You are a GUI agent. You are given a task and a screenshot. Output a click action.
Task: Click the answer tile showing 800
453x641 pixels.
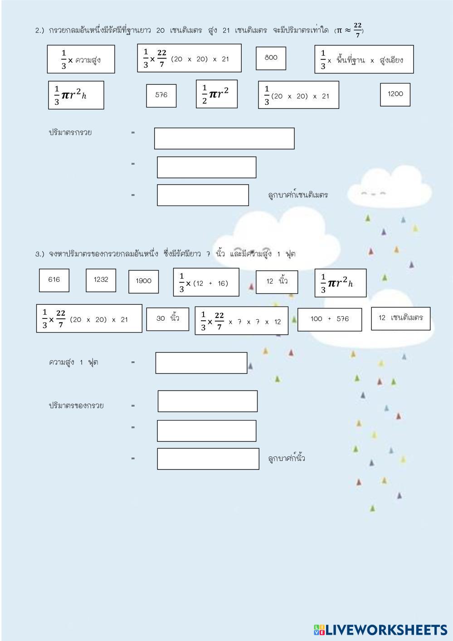[x=271, y=58]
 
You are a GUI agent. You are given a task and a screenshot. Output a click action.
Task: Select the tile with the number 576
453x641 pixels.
[x=161, y=95]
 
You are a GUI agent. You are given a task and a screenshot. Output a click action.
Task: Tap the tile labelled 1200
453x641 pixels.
[x=395, y=94]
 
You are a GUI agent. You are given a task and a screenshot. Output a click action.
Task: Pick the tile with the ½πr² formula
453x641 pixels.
[x=216, y=94]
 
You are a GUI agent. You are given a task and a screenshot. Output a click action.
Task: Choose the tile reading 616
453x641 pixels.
[x=54, y=280]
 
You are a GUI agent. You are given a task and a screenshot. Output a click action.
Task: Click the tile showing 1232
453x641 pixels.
[x=101, y=280]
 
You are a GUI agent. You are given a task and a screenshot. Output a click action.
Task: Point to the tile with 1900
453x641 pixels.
[x=143, y=281]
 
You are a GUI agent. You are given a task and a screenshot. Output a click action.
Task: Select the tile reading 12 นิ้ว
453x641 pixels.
[x=277, y=282]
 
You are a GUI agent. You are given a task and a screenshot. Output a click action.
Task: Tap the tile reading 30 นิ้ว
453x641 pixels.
[x=167, y=319]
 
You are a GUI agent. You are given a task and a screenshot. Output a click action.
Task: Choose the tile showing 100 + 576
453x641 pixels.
[x=330, y=319]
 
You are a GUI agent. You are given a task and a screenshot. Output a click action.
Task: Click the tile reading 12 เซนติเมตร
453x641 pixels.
[x=400, y=318]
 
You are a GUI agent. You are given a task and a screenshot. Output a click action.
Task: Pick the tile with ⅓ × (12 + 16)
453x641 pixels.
[x=206, y=282]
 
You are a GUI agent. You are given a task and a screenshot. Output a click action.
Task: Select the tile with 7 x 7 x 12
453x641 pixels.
[x=241, y=321]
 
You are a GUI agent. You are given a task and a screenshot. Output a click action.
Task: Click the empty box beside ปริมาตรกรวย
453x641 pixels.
[x=224, y=138]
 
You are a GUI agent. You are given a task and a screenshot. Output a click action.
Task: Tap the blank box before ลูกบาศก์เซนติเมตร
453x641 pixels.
[x=203, y=195]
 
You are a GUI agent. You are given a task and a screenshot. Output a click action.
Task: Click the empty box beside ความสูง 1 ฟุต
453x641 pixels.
[x=201, y=362]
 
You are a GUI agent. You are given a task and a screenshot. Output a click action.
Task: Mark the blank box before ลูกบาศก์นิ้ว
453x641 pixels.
[x=208, y=459]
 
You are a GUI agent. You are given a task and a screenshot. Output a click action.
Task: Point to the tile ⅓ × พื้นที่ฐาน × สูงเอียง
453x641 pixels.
[x=364, y=59]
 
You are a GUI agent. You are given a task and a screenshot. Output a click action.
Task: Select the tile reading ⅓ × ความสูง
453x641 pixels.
[x=81, y=59]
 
